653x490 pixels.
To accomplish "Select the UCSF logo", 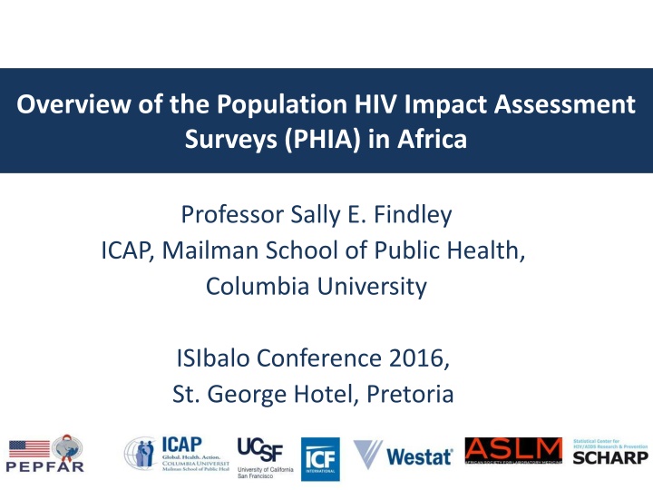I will (x=260, y=456).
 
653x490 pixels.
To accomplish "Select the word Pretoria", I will (x=412, y=396).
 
